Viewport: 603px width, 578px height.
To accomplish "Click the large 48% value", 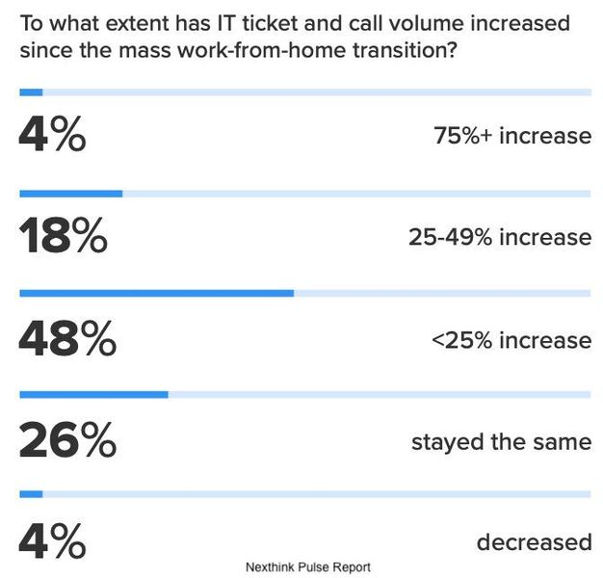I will [x=66, y=339].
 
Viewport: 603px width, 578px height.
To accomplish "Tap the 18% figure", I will [x=63, y=237].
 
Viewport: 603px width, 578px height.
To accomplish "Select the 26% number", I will [x=66, y=441].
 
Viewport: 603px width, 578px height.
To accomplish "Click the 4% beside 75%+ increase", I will [x=52, y=135].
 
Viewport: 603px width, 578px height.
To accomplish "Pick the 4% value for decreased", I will [x=52, y=541].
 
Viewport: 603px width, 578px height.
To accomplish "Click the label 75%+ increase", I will [x=512, y=136].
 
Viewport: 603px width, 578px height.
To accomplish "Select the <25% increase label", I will [x=511, y=340].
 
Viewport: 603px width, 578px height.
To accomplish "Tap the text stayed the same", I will [x=501, y=442].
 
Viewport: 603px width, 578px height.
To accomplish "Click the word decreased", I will [x=534, y=542].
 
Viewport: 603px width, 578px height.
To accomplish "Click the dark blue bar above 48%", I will [x=156, y=292].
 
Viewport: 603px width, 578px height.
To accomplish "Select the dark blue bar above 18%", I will [x=70, y=193].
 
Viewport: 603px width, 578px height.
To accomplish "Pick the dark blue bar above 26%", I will [x=93, y=394].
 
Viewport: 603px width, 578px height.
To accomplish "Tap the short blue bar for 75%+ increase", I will [x=31, y=92].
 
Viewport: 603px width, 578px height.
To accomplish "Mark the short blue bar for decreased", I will [x=31, y=494].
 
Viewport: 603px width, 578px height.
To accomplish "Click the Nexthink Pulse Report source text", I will [x=308, y=566].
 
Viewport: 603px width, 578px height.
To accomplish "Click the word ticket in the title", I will [x=265, y=21].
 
